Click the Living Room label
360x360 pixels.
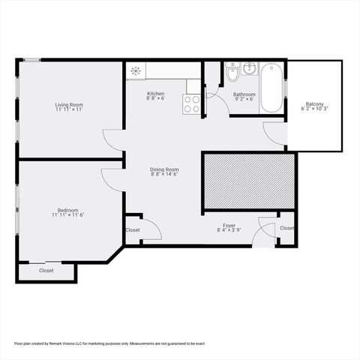coord(68,104)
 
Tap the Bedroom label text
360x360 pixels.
coord(68,210)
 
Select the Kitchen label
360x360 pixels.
coord(156,94)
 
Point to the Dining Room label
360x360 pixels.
coord(164,169)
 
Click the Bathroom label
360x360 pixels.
coord(244,94)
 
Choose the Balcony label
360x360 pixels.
coord(315,103)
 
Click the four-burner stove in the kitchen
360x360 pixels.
coord(192,103)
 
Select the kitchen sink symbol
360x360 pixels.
coord(136,71)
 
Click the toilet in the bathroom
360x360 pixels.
coord(232,74)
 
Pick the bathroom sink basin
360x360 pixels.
coord(250,70)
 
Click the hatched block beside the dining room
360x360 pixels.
coord(247,181)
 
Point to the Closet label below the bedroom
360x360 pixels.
coord(46,270)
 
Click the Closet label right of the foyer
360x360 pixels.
coord(286,228)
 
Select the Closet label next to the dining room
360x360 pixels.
coord(133,230)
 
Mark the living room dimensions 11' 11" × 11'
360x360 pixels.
coord(68,110)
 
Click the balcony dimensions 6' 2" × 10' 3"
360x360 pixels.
coord(315,109)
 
